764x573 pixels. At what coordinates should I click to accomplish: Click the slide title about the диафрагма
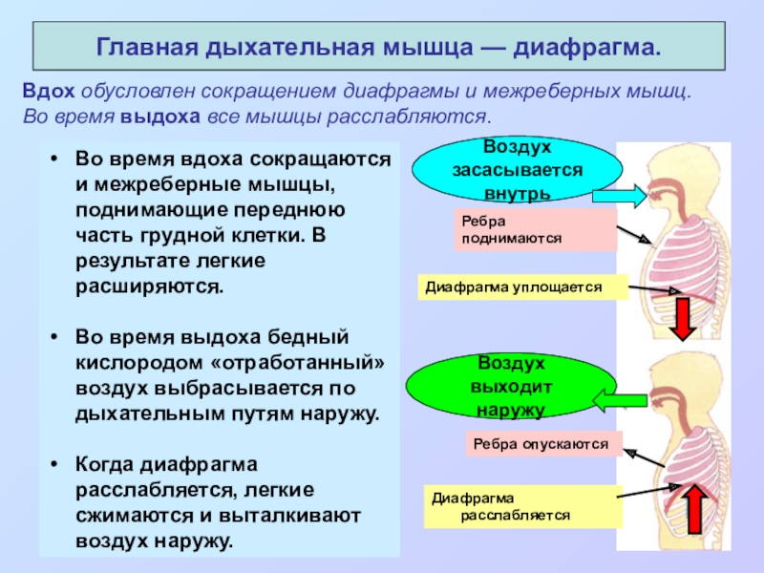click(x=379, y=47)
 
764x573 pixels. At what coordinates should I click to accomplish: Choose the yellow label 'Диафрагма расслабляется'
click(x=521, y=506)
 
